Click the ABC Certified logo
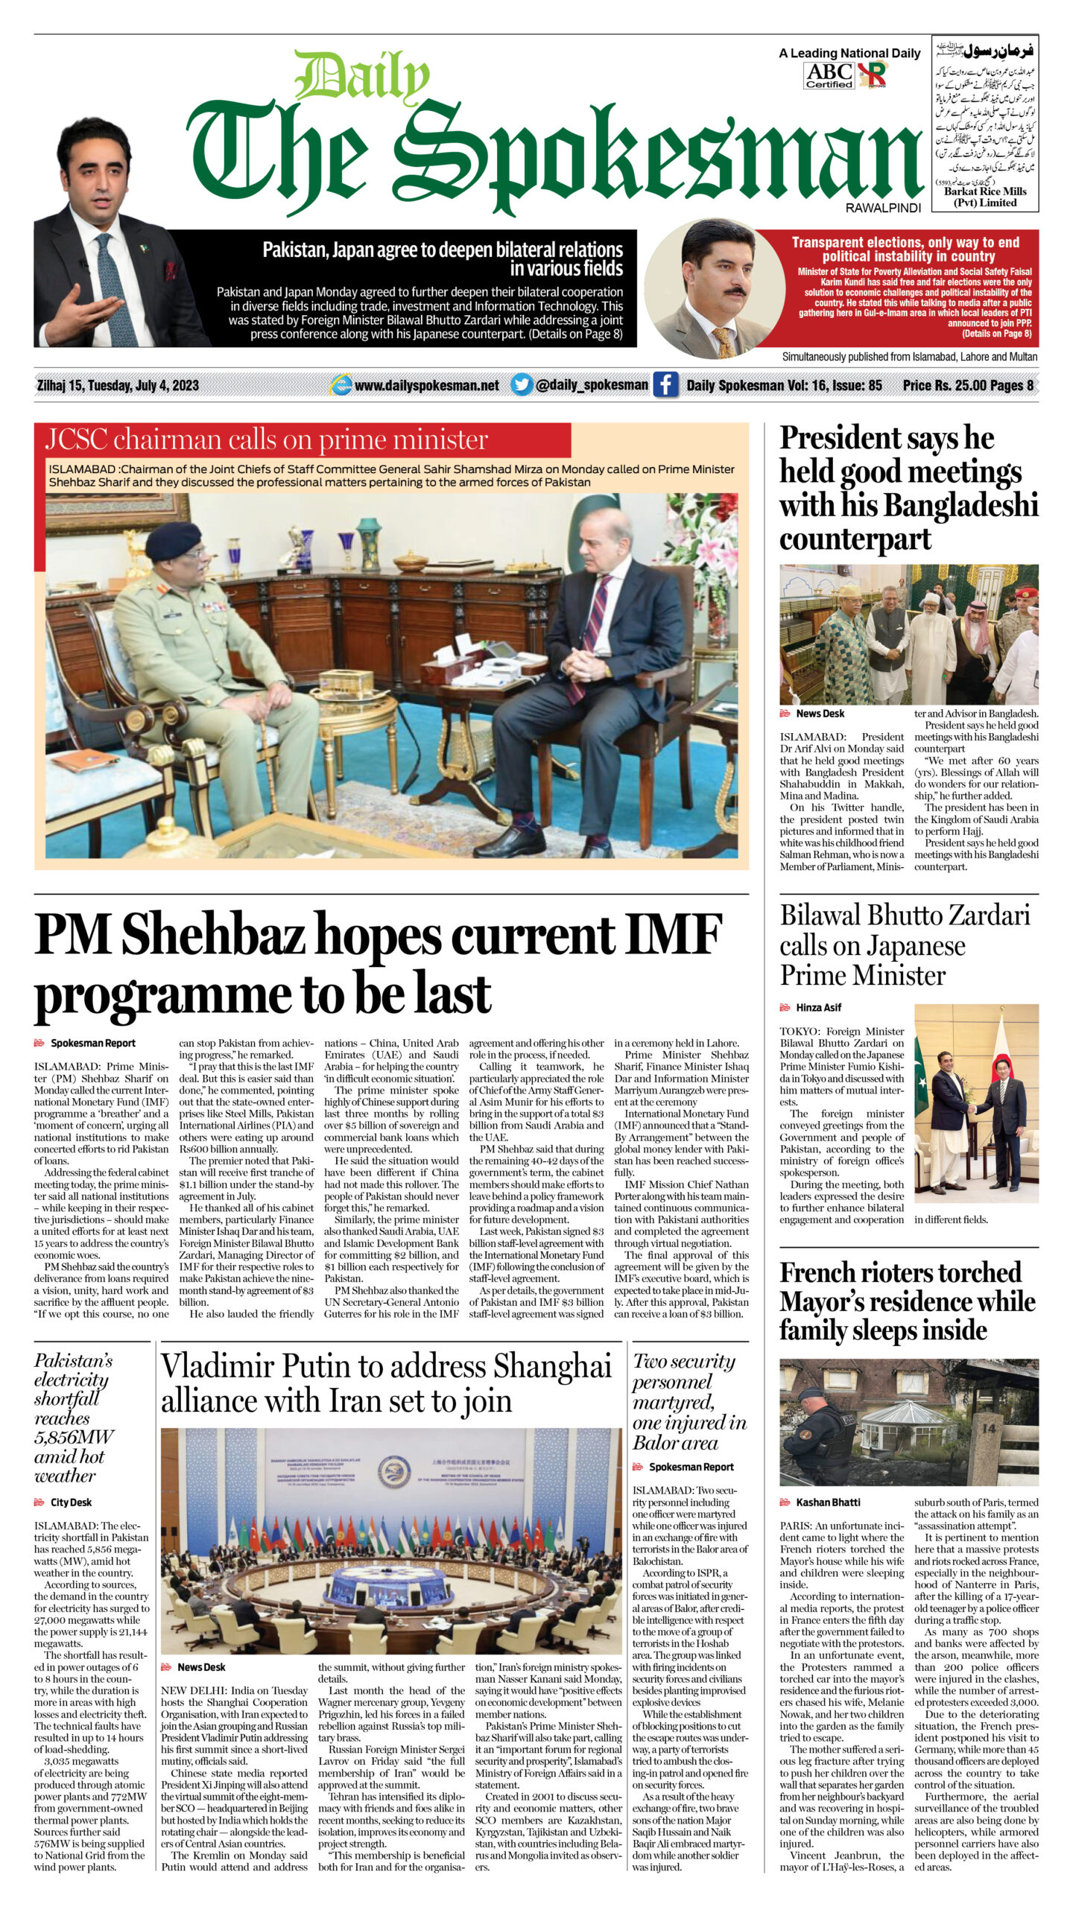click(829, 75)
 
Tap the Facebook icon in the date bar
click(665, 385)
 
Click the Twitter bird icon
click(522, 384)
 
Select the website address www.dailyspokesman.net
click(426, 385)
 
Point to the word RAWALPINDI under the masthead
click(883, 208)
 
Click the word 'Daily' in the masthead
click(362, 77)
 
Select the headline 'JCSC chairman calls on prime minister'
click(267, 440)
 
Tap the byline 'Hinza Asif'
click(818, 1007)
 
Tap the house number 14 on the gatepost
click(989, 1428)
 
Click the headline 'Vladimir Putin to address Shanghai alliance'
click(386, 1383)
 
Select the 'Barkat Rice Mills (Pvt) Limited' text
click(985, 197)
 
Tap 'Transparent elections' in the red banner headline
click(855, 242)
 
